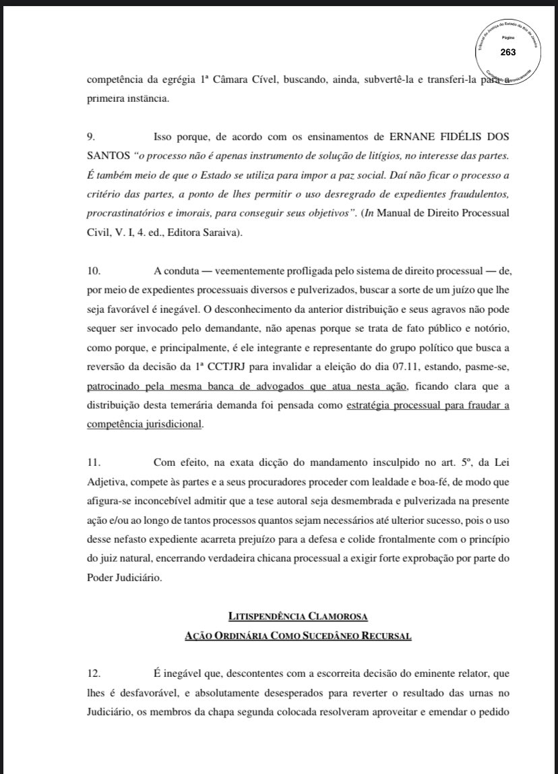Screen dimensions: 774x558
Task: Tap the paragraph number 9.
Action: point(91,137)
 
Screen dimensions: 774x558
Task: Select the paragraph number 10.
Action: point(93,271)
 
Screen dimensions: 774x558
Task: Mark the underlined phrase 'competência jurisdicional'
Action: point(145,425)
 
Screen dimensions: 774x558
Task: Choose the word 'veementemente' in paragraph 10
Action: point(242,271)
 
